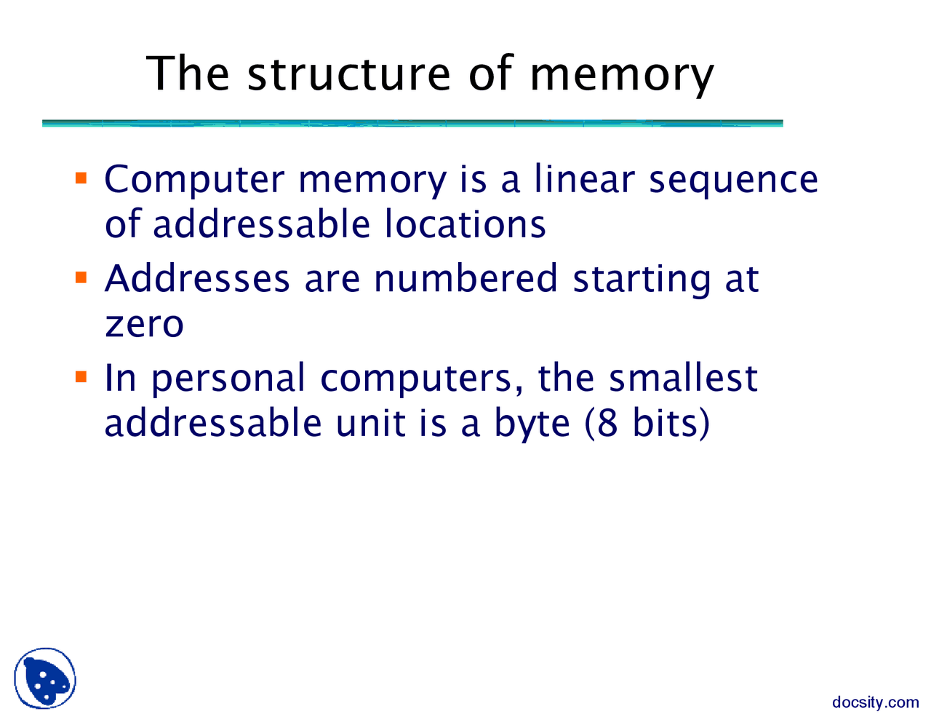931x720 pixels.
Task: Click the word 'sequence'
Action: pyautogui.click(x=733, y=181)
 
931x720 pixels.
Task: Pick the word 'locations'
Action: pyautogui.click(x=465, y=223)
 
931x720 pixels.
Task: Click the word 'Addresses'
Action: pyautogui.click(x=197, y=279)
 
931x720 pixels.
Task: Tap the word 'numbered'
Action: pyautogui.click(x=465, y=279)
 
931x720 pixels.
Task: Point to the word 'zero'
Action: pyautogui.click(x=144, y=324)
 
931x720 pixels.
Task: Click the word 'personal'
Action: pyautogui.click(x=228, y=379)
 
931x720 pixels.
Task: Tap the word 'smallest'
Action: pyautogui.click(x=683, y=378)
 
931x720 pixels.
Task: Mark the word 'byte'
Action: pyautogui.click(x=532, y=424)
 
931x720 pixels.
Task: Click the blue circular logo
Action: pyautogui.click(x=45, y=679)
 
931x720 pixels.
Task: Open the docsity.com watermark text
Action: pyautogui.click(x=875, y=703)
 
